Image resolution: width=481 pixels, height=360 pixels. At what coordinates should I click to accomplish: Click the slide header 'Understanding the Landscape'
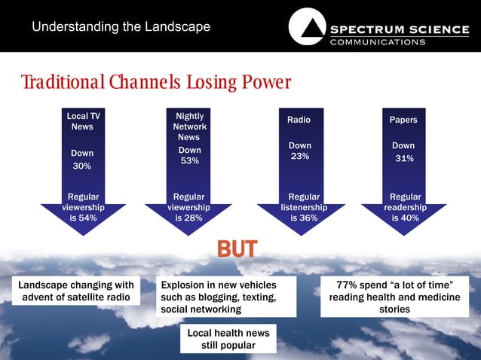(121, 28)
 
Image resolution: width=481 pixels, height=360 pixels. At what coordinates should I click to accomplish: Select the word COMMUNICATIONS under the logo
(378, 42)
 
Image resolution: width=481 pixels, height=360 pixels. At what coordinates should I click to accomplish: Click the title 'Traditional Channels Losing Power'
(156, 82)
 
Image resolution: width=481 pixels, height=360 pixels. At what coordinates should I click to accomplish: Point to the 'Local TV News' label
(83, 121)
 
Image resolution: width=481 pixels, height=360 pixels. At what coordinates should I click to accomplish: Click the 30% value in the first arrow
(81, 166)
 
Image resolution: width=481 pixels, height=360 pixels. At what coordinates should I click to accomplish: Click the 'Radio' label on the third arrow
(299, 121)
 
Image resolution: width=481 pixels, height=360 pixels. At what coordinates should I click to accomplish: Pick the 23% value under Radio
(299, 156)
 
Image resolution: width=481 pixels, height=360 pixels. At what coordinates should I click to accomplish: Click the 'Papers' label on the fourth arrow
(403, 121)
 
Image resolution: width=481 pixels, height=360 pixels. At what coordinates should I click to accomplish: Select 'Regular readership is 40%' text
(406, 207)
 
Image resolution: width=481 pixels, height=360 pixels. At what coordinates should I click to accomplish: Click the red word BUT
(237, 249)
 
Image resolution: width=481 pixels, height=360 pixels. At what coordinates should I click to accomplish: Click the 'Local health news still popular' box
(228, 339)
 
